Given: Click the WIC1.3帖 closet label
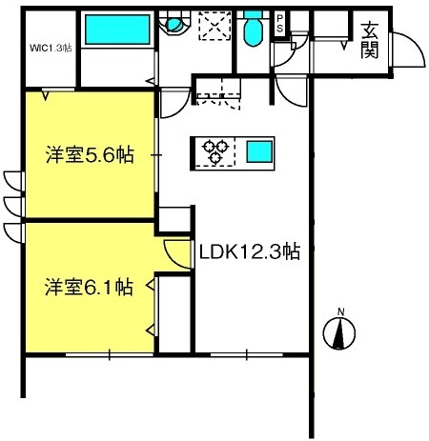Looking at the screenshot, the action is [x=51, y=48].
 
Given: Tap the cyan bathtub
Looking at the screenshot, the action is [x=117, y=30].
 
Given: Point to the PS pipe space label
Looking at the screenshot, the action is [x=279, y=24].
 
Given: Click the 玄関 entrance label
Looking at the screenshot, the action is [x=370, y=41].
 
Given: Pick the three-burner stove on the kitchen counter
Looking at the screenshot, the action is [x=215, y=151].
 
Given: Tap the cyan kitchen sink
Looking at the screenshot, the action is [x=259, y=151].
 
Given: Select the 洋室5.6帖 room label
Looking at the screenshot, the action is [x=90, y=154].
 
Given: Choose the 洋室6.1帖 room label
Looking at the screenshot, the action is [x=89, y=287].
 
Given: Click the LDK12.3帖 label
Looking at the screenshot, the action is [x=250, y=251].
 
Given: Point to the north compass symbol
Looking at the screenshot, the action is [x=339, y=333].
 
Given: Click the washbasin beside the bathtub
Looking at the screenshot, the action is [x=174, y=24].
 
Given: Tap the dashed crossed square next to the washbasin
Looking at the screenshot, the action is [x=215, y=26].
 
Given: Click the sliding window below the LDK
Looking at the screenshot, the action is [x=247, y=354].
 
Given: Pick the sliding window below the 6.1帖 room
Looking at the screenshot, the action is [x=110, y=354].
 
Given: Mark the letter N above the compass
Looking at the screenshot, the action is [x=340, y=311].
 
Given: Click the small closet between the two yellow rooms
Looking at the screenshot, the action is [x=174, y=219].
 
